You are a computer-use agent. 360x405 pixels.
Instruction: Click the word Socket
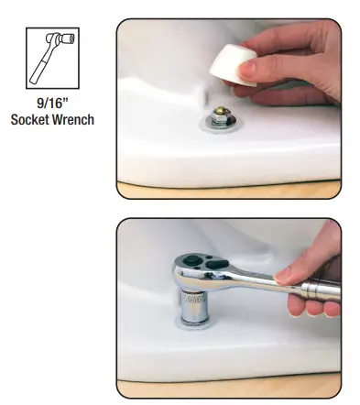click(34, 120)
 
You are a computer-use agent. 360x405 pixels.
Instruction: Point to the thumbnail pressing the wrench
click(282, 272)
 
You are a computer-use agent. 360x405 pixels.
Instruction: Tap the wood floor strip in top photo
click(229, 192)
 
